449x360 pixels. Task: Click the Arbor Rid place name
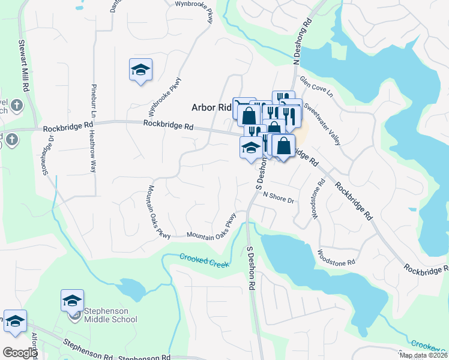pos(211,107)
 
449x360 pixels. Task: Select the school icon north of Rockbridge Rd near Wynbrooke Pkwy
pos(140,70)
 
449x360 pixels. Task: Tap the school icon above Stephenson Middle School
pos(72,299)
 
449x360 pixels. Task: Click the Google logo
pos(20,353)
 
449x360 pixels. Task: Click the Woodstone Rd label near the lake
pos(337,257)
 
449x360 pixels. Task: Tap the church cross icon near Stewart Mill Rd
pos(17,106)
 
